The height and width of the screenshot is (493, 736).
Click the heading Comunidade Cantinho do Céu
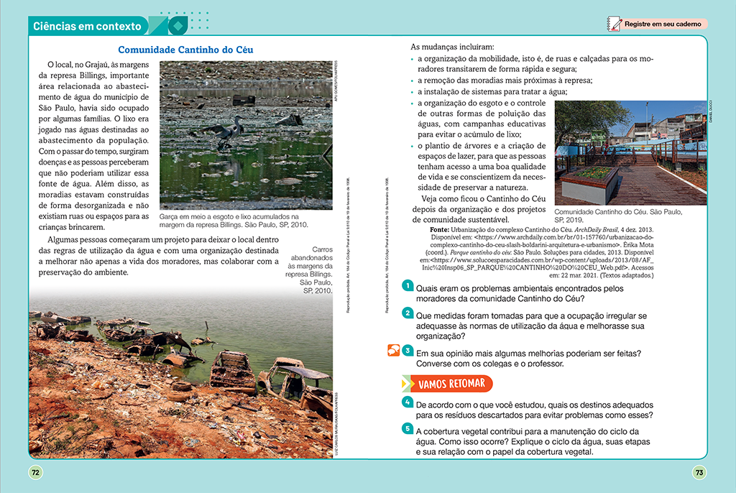point(185,50)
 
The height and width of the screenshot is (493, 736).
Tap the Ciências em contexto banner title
point(87,27)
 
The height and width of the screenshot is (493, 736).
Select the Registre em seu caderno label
point(663,24)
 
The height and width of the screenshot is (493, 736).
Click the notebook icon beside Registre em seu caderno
point(614,24)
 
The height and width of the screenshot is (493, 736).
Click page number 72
point(35,472)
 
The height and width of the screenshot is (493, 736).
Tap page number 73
point(699,472)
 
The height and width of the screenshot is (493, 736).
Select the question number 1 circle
point(407,286)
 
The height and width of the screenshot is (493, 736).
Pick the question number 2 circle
point(407,313)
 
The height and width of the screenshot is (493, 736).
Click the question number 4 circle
point(407,401)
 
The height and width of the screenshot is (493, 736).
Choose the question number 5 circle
point(407,428)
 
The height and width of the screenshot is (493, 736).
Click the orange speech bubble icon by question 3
point(392,351)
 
